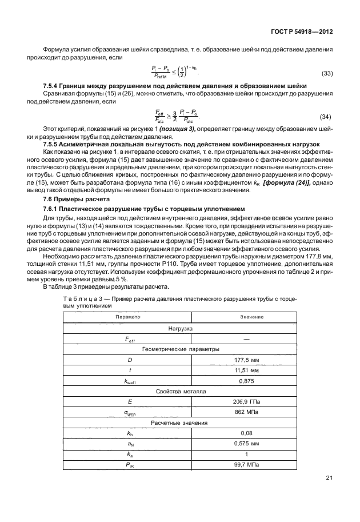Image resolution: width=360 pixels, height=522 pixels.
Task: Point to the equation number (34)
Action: [326, 117]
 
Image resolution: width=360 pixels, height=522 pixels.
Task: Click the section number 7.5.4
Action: [52, 85]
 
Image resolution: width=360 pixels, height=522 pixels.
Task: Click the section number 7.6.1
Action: [53, 209]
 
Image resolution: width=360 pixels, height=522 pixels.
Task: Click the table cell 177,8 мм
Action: [251, 360]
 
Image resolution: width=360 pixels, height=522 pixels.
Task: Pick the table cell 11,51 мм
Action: [251, 370]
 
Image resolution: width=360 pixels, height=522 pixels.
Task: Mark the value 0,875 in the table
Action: [251, 380]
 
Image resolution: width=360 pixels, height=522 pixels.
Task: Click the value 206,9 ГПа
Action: [251, 401]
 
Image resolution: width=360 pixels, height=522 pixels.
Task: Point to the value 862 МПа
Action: [251, 412]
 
